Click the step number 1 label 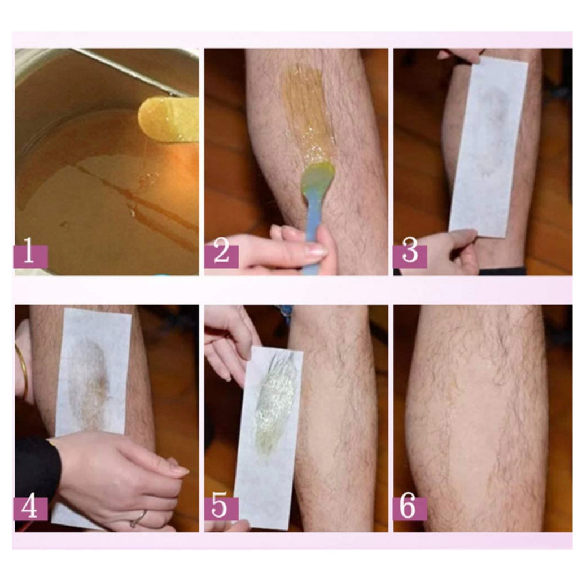pyautogui.click(x=31, y=256)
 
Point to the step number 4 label pyautogui.click(x=31, y=509)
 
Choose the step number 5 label pyautogui.click(x=221, y=509)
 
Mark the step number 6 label pyautogui.click(x=410, y=509)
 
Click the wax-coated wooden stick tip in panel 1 pyautogui.click(x=166, y=117)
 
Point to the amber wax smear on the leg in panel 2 pyautogui.click(x=304, y=111)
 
